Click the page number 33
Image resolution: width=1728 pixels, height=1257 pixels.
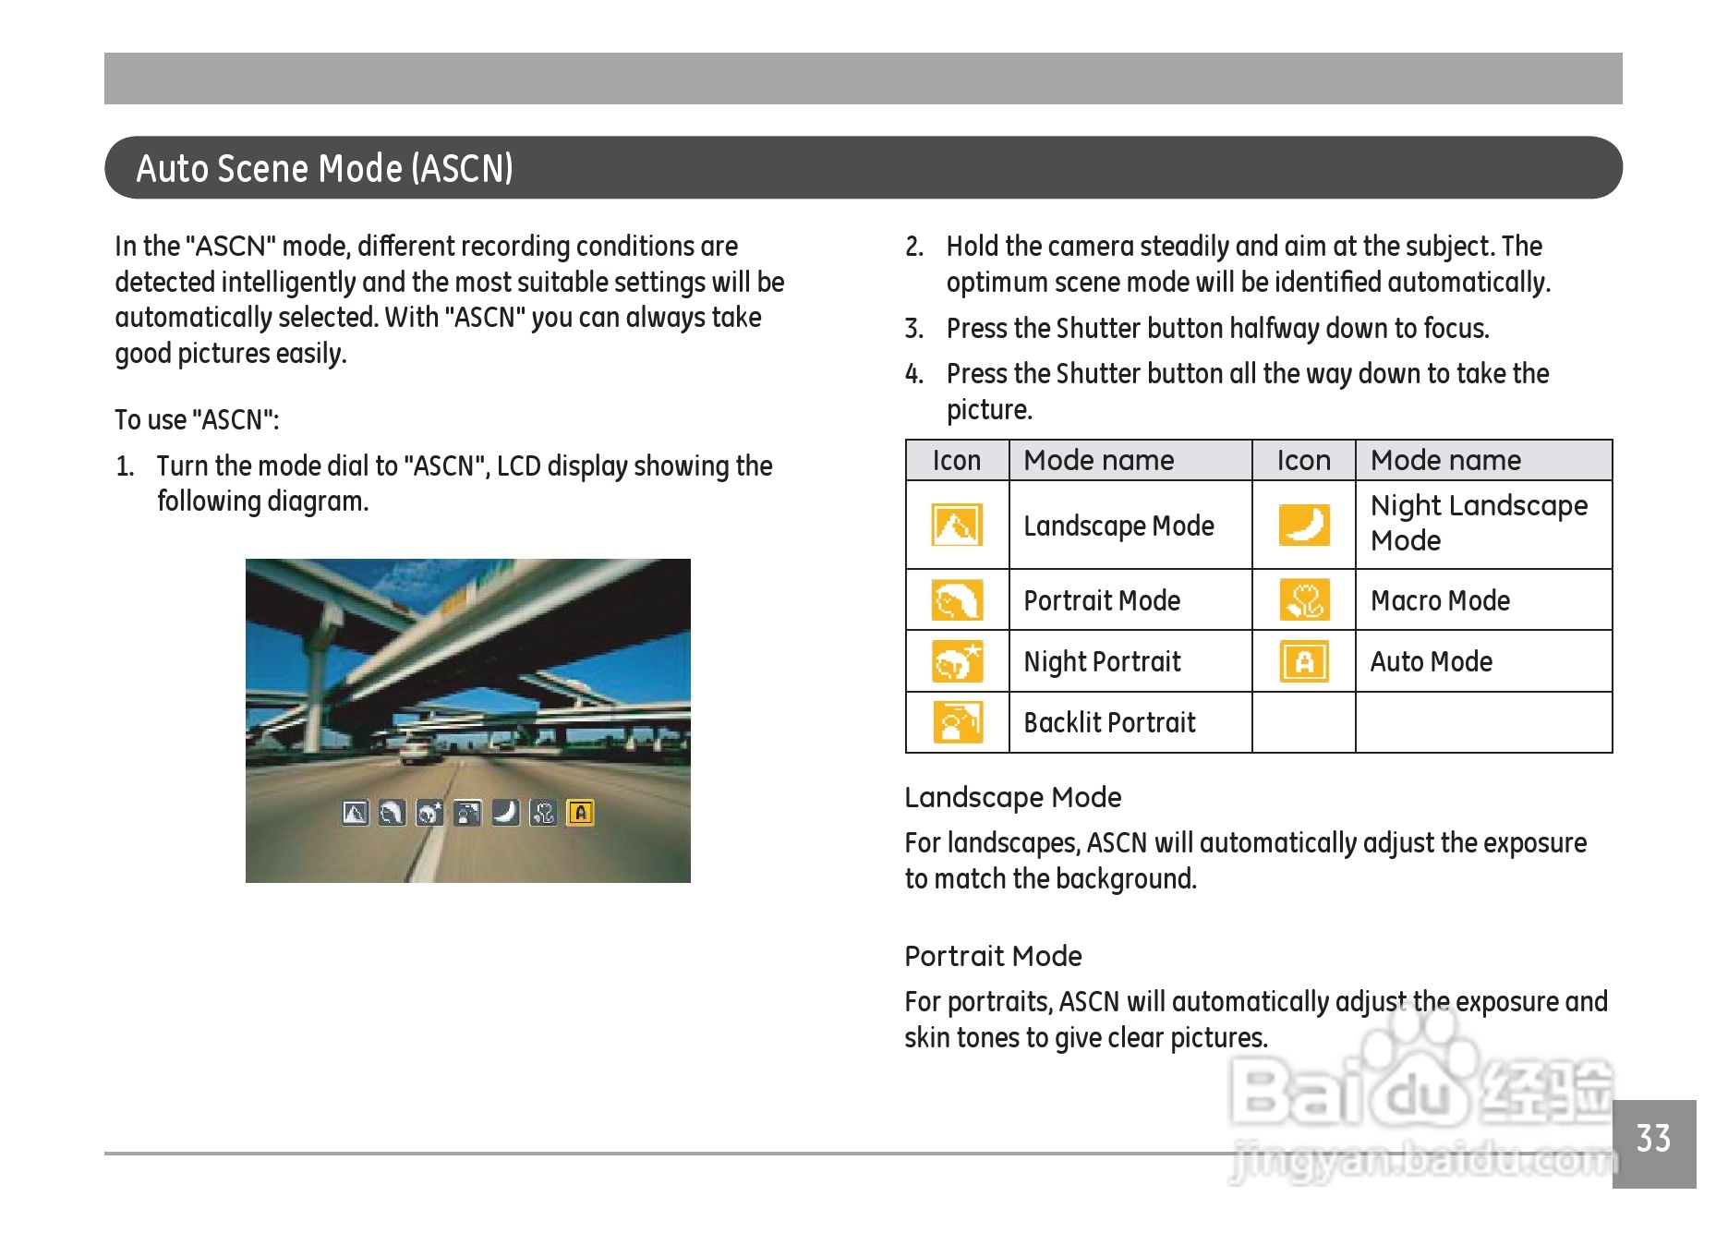1652,1139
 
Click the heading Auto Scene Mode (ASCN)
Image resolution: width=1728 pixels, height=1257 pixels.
324,168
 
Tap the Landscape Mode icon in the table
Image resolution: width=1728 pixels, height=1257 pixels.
957,526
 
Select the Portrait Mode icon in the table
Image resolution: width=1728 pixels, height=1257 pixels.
957,600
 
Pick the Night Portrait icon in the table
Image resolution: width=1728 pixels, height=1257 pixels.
957,661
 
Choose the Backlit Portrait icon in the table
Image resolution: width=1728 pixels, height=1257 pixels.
957,722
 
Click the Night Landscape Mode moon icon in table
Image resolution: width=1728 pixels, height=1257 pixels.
1304,525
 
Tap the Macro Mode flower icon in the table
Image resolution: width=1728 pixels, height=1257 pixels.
1304,600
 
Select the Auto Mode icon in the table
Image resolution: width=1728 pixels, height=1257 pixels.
1304,661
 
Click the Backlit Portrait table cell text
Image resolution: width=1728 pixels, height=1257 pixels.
1109,722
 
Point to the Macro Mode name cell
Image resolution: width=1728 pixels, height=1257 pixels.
1440,600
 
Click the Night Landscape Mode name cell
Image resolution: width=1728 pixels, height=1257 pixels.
1478,523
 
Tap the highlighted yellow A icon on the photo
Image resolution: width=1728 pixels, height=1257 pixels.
580,813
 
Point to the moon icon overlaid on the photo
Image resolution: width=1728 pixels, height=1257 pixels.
505,813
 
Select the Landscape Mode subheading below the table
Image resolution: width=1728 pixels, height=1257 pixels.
1012,797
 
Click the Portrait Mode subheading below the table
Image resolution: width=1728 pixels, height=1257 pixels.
993,956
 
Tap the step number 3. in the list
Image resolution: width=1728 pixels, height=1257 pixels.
913,329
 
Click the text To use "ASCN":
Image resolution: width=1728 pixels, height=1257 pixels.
197,420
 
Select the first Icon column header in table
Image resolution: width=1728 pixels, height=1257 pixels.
956,460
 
